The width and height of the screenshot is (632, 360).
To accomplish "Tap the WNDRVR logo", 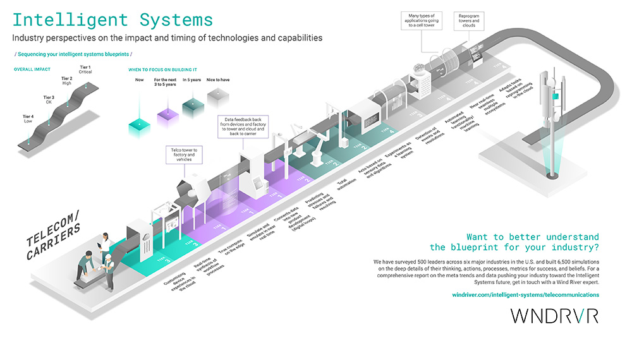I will pyautogui.click(x=554, y=316).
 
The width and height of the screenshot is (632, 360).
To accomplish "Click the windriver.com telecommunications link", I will pyautogui.click(x=525, y=294).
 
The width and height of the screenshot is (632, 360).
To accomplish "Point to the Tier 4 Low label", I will pyautogui.click(x=27, y=118).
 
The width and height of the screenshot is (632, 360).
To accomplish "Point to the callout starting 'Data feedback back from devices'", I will pyautogui.click(x=244, y=126).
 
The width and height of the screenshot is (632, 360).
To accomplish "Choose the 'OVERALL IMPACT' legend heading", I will pyautogui.click(x=32, y=68).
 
